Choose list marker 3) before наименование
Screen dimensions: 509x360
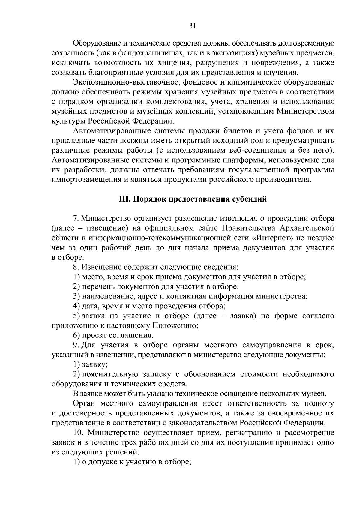point(76,296)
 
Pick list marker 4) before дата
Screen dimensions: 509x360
point(76,306)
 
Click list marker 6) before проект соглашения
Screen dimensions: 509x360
point(76,335)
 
